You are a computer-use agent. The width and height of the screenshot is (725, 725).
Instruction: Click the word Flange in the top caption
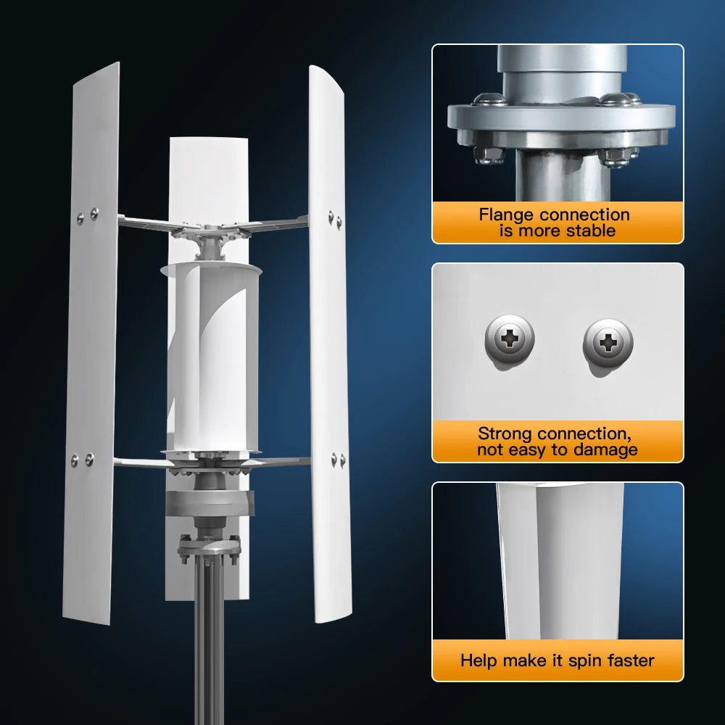click(x=507, y=215)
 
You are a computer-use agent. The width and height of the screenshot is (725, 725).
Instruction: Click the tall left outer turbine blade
click(x=93, y=341)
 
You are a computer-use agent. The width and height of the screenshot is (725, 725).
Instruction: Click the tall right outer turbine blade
click(x=328, y=341)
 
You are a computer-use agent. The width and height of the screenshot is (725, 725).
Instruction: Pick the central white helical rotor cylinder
click(x=210, y=355)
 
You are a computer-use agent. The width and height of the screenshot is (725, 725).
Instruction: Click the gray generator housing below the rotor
click(x=210, y=502)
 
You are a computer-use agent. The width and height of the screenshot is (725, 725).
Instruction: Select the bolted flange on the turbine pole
click(x=210, y=548)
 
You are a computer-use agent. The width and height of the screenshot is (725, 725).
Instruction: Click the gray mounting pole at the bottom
click(x=210, y=652)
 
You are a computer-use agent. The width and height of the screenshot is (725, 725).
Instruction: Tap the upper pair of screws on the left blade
click(x=87, y=215)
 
